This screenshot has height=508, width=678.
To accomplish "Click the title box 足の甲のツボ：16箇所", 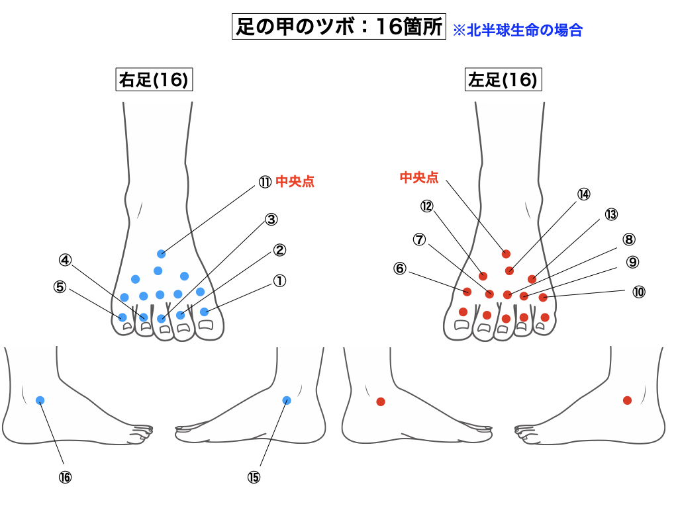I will click(x=338, y=27).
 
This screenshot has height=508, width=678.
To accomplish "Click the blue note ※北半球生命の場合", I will click(x=517, y=30).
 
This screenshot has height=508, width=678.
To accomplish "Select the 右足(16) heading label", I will click(x=154, y=81).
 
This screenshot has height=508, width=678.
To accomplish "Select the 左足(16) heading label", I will click(x=503, y=81).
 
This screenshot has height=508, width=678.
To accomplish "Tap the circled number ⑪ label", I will click(x=265, y=182).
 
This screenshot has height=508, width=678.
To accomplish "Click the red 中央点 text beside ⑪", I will click(x=295, y=182).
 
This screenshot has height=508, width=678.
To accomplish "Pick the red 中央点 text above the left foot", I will click(x=419, y=177).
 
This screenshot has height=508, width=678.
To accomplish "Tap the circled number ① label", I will click(x=279, y=281).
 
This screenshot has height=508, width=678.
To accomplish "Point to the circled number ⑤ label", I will click(x=60, y=287).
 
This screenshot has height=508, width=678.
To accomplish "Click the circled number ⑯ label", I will click(x=64, y=477).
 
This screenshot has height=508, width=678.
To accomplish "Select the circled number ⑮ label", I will click(x=254, y=477).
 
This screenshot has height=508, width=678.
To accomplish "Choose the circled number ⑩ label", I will click(x=638, y=292).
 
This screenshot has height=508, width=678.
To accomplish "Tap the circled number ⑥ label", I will click(x=399, y=269).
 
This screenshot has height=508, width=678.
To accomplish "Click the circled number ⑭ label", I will click(x=583, y=194).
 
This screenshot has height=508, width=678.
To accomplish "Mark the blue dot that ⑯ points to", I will click(x=40, y=400).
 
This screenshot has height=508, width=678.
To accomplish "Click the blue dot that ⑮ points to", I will click(x=287, y=400).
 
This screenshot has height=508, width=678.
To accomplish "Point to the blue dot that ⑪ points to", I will click(x=161, y=254).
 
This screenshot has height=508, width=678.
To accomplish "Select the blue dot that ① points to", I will click(x=204, y=312).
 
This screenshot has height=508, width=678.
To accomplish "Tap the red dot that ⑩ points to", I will click(x=543, y=298).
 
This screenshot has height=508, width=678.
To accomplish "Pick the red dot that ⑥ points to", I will click(x=467, y=292).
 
